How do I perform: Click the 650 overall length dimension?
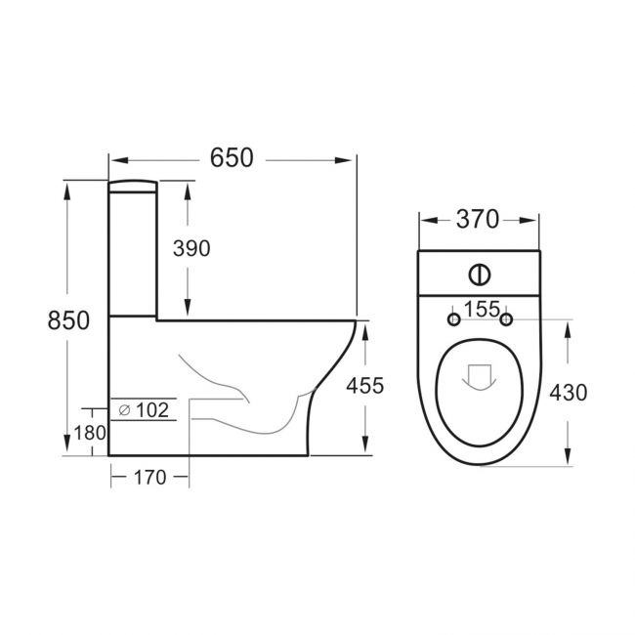[x=232, y=157]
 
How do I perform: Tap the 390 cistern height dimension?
[x=191, y=248]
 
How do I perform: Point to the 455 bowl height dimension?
[x=364, y=385]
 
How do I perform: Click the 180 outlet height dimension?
[x=89, y=433]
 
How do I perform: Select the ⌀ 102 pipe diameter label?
[x=144, y=410]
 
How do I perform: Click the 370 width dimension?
[x=478, y=220]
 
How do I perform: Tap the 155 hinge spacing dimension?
[x=480, y=310]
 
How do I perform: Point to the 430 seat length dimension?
[x=568, y=392]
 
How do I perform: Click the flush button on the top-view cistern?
[x=480, y=274]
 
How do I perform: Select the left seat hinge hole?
[x=452, y=319]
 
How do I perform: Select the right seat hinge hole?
[x=506, y=319]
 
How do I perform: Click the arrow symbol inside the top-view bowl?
[x=479, y=377]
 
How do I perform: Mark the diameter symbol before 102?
[x=124, y=410]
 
